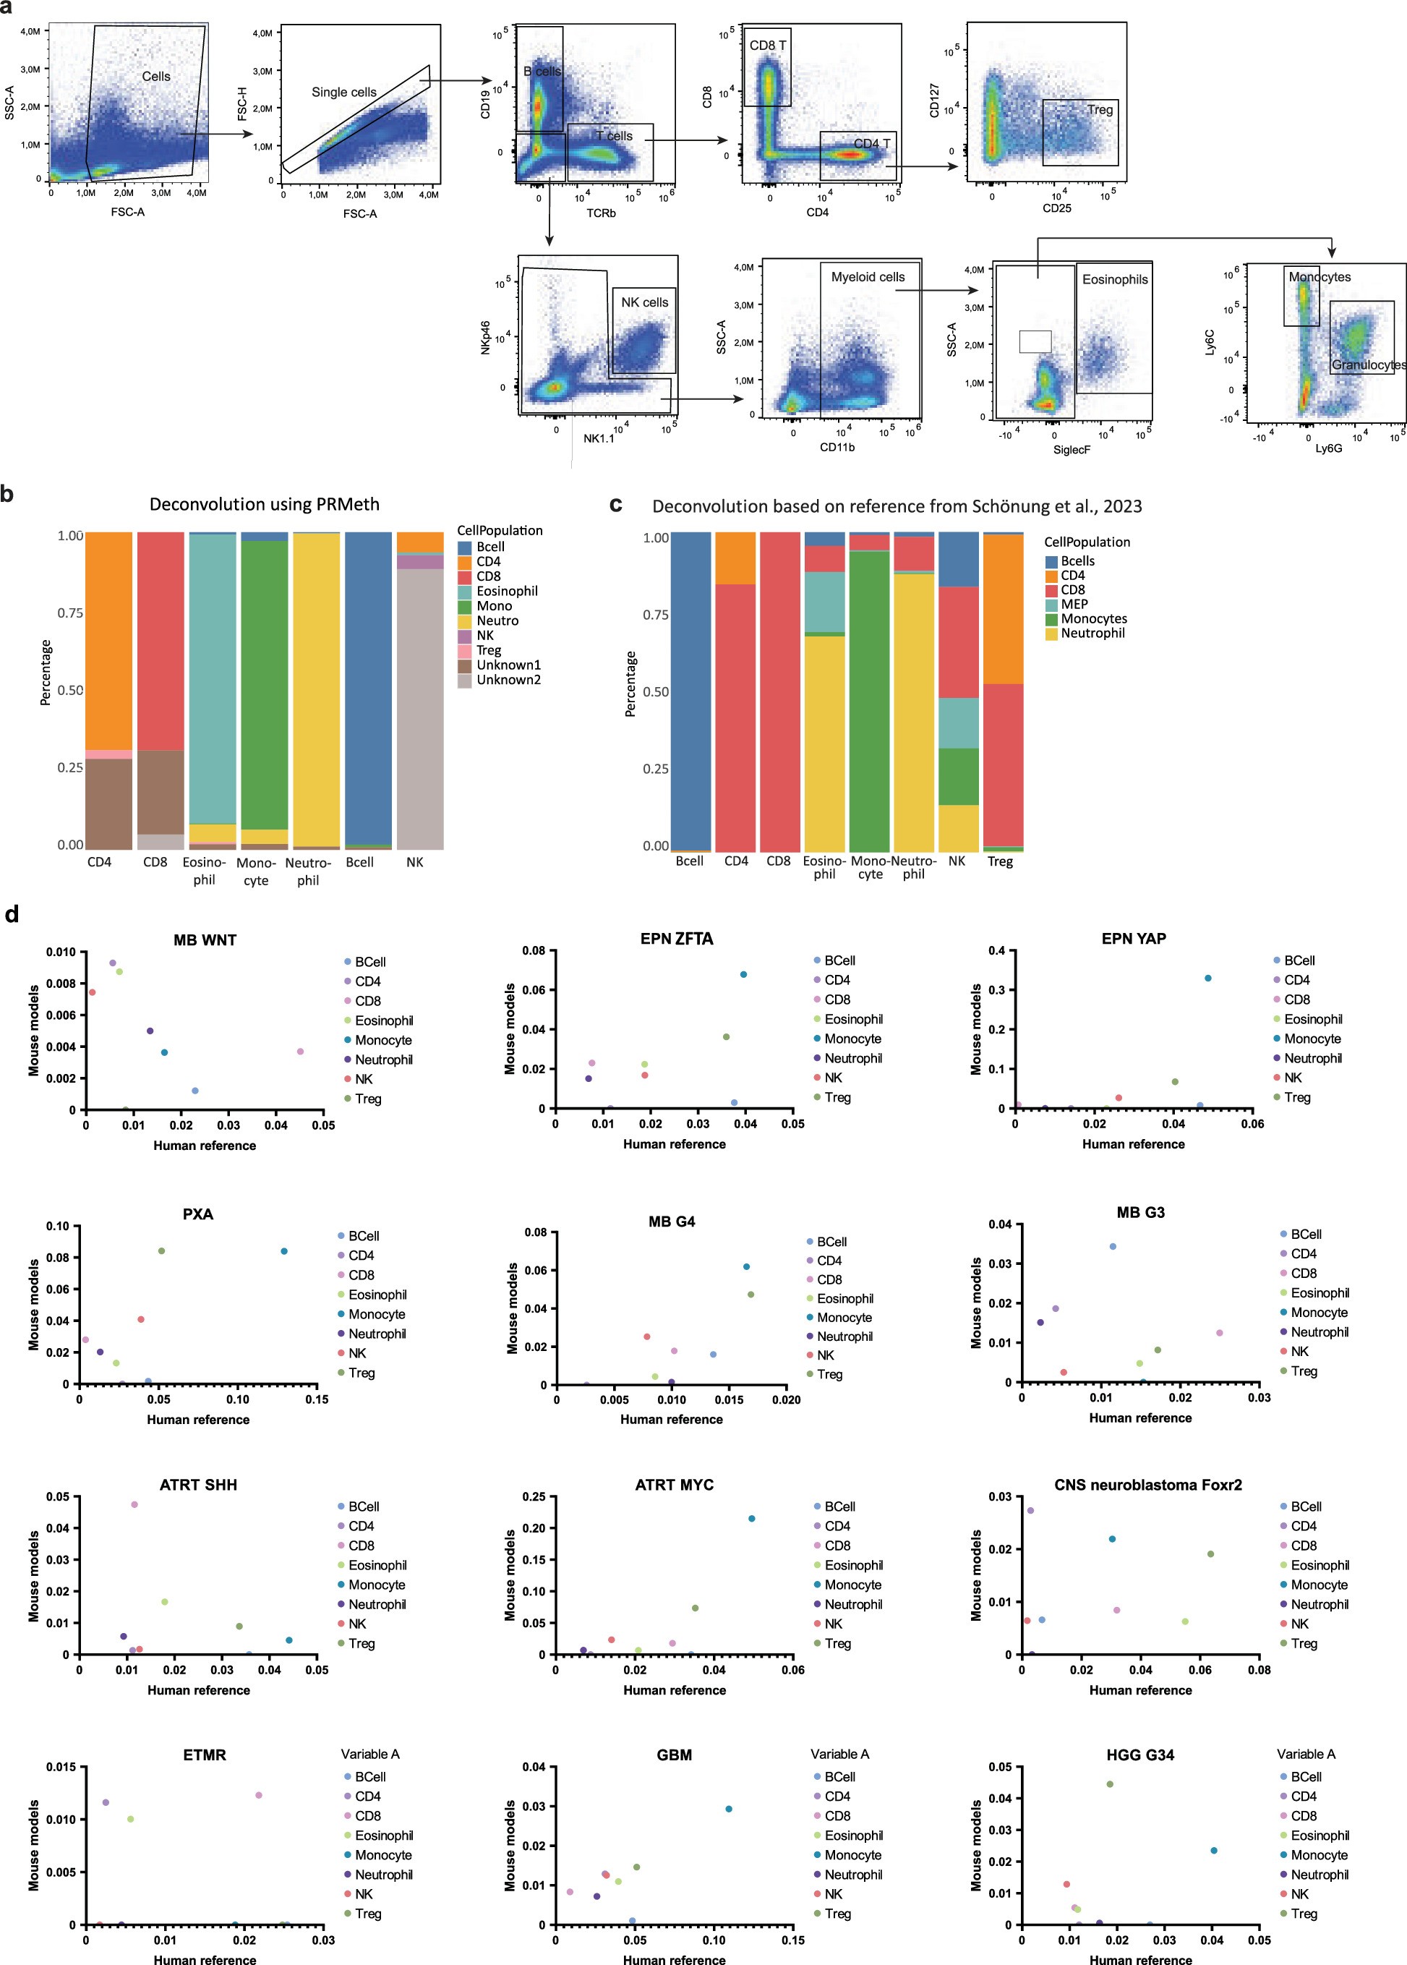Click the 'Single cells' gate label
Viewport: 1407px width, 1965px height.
click(344, 92)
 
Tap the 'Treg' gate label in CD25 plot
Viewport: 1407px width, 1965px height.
click(1100, 109)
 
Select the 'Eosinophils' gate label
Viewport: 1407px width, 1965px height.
click(1114, 279)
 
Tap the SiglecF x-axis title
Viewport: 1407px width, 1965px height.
click(1071, 450)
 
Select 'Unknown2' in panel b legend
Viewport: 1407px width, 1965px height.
click(508, 679)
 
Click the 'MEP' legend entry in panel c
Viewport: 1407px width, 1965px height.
click(1074, 604)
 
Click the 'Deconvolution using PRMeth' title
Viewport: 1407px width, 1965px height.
click(264, 504)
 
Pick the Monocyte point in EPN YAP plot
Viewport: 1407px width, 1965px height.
click(1207, 979)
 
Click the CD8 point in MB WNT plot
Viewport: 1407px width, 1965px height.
click(300, 1052)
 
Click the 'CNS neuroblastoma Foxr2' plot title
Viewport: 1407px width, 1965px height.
click(1147, 1485)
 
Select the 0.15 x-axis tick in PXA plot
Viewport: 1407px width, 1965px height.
click(317, 1399)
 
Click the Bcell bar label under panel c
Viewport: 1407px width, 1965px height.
click(690, 861)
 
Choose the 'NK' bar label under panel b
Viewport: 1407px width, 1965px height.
click(415, 862)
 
